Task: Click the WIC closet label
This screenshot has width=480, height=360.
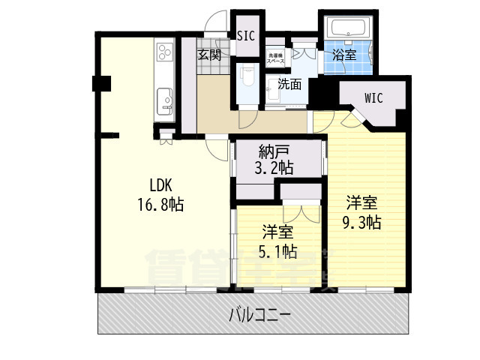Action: tap(375, 97)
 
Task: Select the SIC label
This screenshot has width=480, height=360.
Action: tap(245, 36)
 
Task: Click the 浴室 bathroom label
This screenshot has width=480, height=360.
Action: tap(344, 55)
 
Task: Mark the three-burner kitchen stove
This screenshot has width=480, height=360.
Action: tap(165, 55)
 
